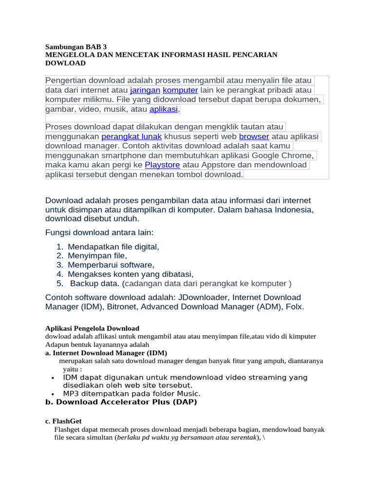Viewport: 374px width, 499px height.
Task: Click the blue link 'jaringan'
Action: [x=145, y=90]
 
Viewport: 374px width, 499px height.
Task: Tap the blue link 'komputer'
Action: [x=180, y=90]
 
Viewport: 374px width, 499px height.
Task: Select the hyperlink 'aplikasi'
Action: [x=164, y=109]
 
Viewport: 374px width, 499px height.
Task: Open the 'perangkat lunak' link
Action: [x=131, y=136]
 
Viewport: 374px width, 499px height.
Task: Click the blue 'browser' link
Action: [x=254, y=136]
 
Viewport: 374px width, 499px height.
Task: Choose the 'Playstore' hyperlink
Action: [x=162, y=165]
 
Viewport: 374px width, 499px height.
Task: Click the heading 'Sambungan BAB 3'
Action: [x=75, y=47]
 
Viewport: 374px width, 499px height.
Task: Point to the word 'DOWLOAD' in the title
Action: [x=65, y=63]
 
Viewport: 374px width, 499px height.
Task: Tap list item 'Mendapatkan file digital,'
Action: [x=113, y=247]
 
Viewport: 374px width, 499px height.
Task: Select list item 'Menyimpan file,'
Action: [x=97, y=256]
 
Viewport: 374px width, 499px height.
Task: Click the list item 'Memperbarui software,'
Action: [x=111, y=265]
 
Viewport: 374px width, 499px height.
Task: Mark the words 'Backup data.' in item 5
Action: [x=94, y=284]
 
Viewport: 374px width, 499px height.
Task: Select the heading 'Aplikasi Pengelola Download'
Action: [x=92, y=328]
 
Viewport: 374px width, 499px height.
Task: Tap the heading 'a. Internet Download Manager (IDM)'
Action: [x=106, y=352]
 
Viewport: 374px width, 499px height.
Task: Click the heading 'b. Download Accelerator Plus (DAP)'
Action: [x=121, y=402]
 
